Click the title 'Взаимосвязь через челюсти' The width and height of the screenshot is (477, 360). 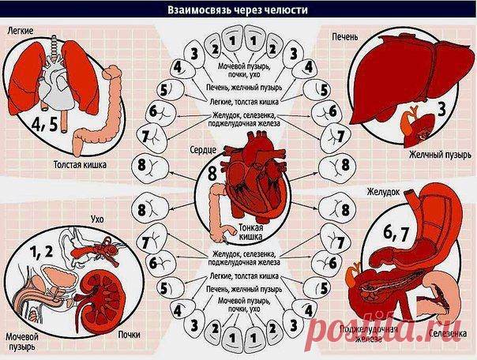[x=237, y=10]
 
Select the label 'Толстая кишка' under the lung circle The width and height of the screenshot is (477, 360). [x=80, y=166]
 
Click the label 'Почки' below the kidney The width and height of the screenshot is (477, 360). [x=129, y=334]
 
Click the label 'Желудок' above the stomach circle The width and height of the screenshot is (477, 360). [x=382, y=192]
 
